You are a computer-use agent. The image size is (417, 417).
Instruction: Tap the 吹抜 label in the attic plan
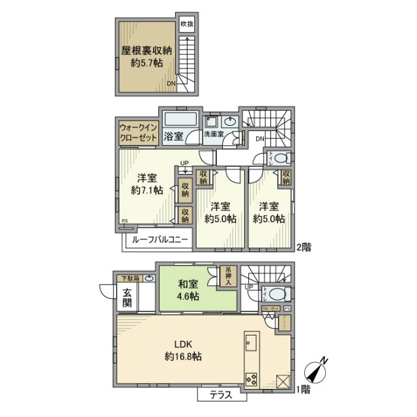187,24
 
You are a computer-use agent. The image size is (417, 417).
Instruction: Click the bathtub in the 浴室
181,121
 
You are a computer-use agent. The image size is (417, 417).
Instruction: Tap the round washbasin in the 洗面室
231,122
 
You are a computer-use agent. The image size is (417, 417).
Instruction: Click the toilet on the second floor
279,158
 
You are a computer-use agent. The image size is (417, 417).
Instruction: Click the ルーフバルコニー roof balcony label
160,240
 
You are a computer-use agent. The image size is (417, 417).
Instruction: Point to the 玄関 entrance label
127,298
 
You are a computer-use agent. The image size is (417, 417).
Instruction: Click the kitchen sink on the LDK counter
252,342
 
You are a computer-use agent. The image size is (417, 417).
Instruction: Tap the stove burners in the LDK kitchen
252,378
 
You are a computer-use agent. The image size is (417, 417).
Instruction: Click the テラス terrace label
221,395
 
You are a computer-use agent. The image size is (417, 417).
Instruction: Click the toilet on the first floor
277,293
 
